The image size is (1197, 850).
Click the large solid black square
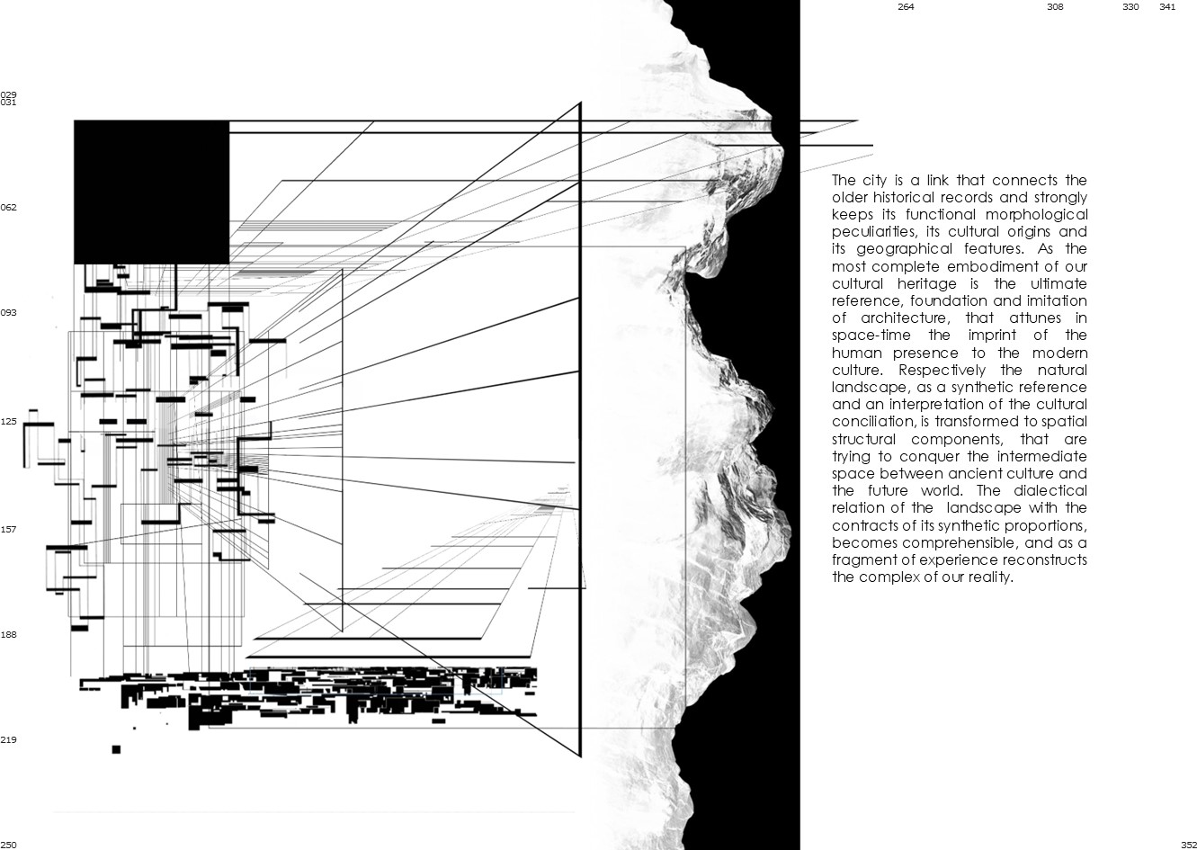(x=151, y=192)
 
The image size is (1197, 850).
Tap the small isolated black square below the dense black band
(x=116, y=749)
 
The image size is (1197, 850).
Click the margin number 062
(x=8, y=208)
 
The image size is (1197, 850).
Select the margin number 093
(x=8, y=313)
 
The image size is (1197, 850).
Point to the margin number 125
(x=8, y=421)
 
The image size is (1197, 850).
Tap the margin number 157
(x=8, y=530)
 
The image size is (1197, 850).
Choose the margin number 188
(x=8, y=635)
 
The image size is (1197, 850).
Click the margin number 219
(x=8, y=740)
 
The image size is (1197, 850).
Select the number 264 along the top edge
(x=906, y=7)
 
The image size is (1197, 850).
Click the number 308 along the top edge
(x=1055, y=7)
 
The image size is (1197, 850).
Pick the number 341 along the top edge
(x=1167, y=7)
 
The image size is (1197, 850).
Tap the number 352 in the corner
(x=1188, y=844)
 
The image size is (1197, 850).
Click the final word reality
(x=987, y=577)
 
